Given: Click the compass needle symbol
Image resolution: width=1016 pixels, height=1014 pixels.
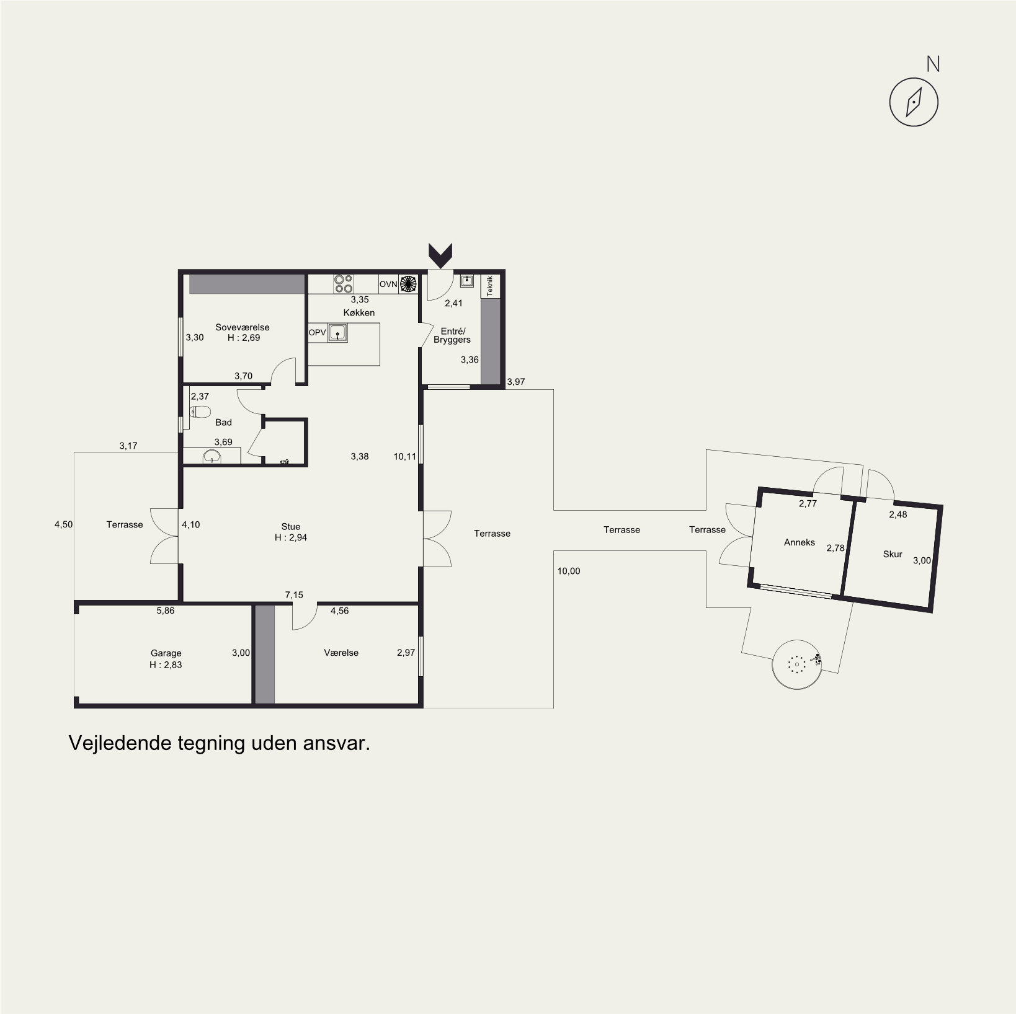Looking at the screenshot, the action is pos(914,102).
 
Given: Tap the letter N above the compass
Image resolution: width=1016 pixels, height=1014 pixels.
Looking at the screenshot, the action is pos(933,64).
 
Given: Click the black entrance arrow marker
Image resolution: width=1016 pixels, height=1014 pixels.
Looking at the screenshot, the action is pos(440,255).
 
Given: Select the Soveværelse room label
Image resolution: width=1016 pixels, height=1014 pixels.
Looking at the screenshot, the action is pos(243,327).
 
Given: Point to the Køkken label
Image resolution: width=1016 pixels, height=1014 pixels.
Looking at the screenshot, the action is pos(359,312).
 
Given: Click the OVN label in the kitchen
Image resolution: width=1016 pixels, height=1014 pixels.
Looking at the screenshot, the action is pos(388,284).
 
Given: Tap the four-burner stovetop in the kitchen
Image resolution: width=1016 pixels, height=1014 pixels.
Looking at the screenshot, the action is pos(344,283).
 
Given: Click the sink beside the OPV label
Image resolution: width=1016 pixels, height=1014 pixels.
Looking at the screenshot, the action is pos(337,333).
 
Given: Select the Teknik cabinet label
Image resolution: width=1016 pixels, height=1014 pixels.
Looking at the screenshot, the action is pos(489,285).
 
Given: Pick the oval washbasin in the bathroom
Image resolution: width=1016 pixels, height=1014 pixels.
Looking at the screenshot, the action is pos(212,457).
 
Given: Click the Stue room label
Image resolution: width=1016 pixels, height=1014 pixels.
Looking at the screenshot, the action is pos(291,527).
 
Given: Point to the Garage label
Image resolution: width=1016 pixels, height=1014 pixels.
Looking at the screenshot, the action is pos(166,653).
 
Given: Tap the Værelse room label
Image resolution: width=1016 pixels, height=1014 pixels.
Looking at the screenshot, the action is pos(341,653).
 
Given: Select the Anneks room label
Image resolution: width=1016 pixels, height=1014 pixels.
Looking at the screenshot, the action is pos(800,542).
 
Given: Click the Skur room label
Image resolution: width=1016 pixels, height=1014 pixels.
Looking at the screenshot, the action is pos(893,554).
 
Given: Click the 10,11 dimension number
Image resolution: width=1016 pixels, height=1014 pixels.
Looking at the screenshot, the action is pos(405,456).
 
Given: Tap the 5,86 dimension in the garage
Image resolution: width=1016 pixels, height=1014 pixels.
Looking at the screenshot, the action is pos(166,611).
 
